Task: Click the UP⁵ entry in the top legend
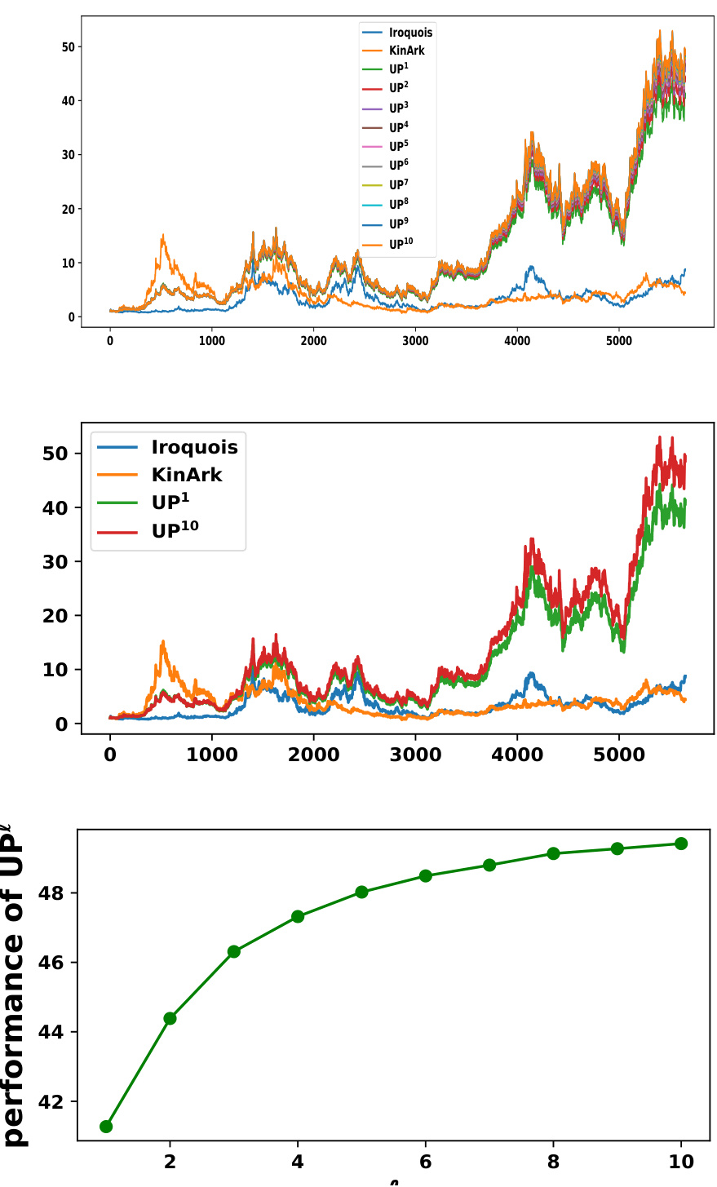click(x=398, y=147)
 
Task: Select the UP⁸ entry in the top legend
click(x=398, y=205)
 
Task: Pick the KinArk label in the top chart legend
click(x=406, y=51)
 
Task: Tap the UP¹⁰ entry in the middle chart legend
click(x=175, y=531)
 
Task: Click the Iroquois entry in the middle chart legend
click(x=194, y=447)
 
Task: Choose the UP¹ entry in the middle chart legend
click(x=170, y=503)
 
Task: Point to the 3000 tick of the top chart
click(x=415, y=342)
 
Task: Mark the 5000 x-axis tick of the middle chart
click(x=619, y=755)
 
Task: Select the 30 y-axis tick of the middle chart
click(x=55, y=562)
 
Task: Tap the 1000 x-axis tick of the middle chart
click(x=212, y=755)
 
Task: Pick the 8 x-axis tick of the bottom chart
click(x=553, y=1162)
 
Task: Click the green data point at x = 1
click(x=106, y=1127)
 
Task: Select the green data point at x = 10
click(x=681, y=844)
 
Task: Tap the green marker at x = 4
click(x=298, y=917)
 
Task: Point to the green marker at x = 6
click(x=426, y=876)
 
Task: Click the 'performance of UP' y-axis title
click(x=15, y=987)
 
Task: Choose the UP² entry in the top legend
click(x=398, y=88)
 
